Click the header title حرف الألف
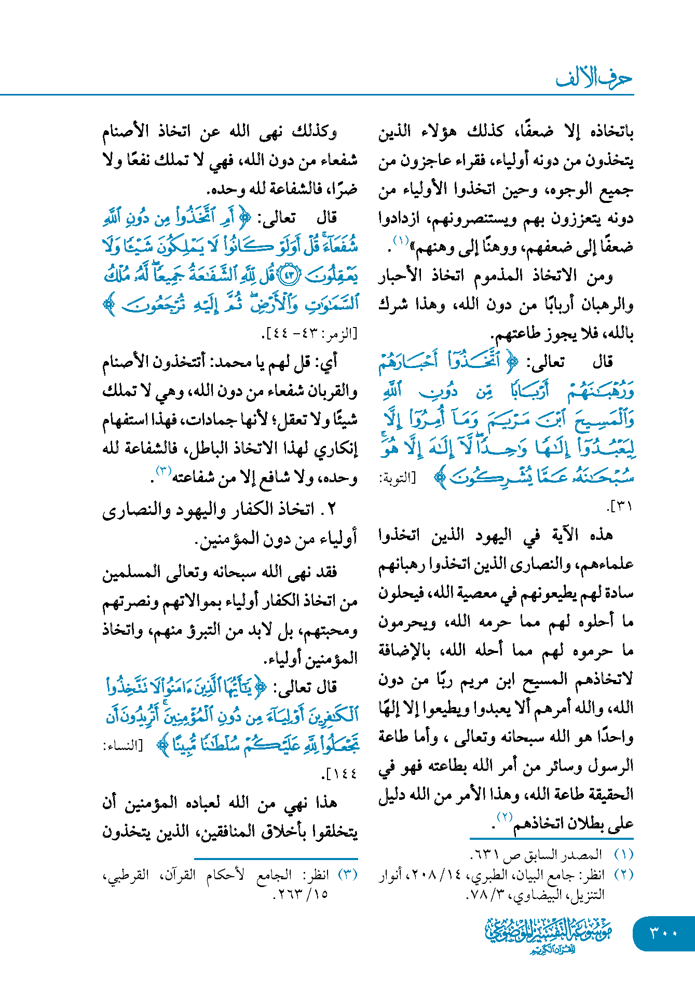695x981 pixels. tap(594, 79)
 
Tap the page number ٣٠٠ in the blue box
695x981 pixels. tap(663, 933)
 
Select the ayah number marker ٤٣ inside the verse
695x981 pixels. tap(290, 275)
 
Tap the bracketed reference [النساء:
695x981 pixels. tap(122, 746)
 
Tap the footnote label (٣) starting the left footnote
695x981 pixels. tap(347, 875)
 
